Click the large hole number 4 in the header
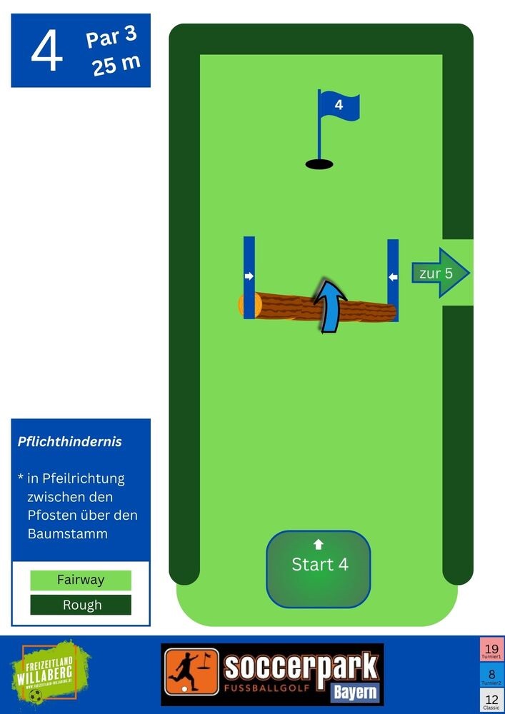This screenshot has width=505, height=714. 47,51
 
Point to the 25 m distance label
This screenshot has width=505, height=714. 116,65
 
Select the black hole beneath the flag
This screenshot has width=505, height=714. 319,164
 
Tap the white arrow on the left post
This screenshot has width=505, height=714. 249,276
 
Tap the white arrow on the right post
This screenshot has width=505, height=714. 393,276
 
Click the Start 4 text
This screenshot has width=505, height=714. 319,565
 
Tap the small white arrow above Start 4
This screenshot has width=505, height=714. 319,544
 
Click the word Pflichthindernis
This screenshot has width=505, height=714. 70,442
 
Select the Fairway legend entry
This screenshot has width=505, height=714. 81,580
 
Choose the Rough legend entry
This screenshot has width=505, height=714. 81,605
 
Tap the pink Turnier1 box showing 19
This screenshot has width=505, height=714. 491,650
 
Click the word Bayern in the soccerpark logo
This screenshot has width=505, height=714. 355,691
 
